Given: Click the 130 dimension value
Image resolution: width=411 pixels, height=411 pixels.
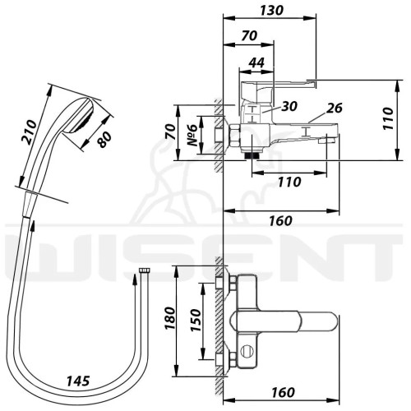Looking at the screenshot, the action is [271, 11].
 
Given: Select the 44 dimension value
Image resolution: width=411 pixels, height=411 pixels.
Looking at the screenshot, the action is [256, 62].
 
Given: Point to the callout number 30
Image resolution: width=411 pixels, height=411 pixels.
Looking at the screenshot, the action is [289, 106].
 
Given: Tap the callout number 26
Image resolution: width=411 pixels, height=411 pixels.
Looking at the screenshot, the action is [335, 108].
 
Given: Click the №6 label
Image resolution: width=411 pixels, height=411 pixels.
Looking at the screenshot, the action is [192, 135].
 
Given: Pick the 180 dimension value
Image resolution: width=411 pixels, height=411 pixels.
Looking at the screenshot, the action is [169, 318].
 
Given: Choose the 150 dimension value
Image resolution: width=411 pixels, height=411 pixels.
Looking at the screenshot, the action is [196, 320].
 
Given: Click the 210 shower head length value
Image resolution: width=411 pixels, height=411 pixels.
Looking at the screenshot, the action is [29, 132].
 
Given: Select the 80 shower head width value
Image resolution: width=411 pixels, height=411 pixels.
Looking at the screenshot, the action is [104, 140].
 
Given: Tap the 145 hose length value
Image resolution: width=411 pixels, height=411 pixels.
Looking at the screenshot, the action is [78, 381].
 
